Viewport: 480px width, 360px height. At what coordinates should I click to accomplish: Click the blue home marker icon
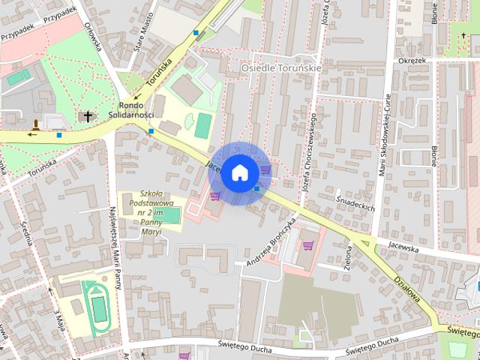click(x=239, y=173)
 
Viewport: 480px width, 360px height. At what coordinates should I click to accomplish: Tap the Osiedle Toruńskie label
click(x=280, y=67)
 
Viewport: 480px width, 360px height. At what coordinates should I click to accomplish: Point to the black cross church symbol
click(x=89, y=116)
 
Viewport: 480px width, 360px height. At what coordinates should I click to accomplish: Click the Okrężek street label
click(x=411, y=60)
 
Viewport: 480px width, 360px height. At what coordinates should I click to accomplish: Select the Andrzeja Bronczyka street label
click(x=271, y=239)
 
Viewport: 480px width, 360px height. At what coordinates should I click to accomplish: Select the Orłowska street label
click(x=93, y=34)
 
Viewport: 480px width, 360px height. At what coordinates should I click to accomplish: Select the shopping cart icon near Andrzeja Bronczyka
click(x=307, y=245)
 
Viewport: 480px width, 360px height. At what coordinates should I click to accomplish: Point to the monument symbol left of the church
click(x=35, y=124)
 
